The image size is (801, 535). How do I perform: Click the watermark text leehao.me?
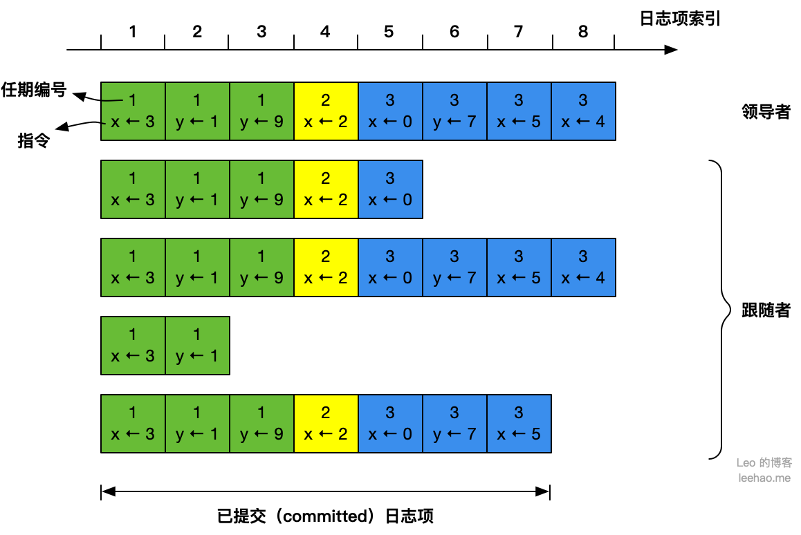764,478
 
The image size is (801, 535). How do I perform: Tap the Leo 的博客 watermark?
764,462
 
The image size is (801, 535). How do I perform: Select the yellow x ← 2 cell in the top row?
326,111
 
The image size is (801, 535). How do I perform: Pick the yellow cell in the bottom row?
326,424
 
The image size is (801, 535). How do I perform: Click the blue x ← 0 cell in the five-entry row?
390,189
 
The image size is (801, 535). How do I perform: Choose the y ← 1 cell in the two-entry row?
197,346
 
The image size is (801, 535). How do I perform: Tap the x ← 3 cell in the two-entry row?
133,346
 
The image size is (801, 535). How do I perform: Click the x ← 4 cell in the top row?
583,111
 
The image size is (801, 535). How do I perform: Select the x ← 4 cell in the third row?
583,267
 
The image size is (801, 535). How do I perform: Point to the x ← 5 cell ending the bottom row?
519,424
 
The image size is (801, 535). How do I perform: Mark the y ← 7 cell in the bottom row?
454,424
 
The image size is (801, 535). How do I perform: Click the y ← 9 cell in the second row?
261,189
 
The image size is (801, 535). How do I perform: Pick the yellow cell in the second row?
326,189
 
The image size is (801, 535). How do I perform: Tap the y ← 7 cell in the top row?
454,111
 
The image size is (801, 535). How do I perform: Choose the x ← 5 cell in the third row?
519,267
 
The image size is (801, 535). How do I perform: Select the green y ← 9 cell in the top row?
261,111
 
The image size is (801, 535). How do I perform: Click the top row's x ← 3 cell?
133,111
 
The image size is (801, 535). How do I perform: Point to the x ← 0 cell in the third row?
390,267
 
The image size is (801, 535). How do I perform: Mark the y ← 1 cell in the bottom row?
197,424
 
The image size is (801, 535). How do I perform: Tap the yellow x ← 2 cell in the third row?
326,267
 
